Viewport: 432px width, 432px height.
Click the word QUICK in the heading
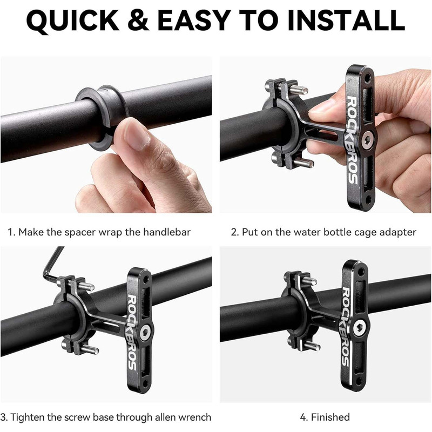tap(73, 21)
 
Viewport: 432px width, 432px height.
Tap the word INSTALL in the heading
tap(346, 21)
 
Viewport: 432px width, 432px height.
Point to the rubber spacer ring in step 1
tap(102, 116)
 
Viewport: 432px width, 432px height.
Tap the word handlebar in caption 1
tap(166, 232)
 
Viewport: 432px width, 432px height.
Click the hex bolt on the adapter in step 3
tap(145, 333)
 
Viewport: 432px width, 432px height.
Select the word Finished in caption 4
tap(330, 417)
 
